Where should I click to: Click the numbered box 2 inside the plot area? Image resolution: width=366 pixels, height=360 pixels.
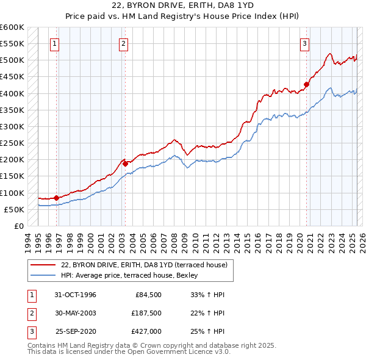tap(123, 43)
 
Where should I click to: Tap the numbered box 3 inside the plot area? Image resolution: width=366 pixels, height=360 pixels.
tap(304, 43)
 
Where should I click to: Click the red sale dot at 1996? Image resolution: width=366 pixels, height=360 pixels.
tap(56, 198)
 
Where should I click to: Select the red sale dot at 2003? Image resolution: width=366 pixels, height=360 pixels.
tap(125, 163)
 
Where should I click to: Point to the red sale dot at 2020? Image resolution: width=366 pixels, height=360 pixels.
tap(307, 84)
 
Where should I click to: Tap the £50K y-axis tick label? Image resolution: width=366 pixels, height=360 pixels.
tap(15, 209)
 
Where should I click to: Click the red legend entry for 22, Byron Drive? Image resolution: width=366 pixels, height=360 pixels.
tap(144, 265)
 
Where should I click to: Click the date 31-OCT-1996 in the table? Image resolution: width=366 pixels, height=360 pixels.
tap(75, 295)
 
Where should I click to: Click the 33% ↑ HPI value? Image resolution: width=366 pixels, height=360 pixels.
tap(207, 295)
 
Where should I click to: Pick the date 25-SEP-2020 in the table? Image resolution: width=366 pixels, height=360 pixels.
tap(75, 333)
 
